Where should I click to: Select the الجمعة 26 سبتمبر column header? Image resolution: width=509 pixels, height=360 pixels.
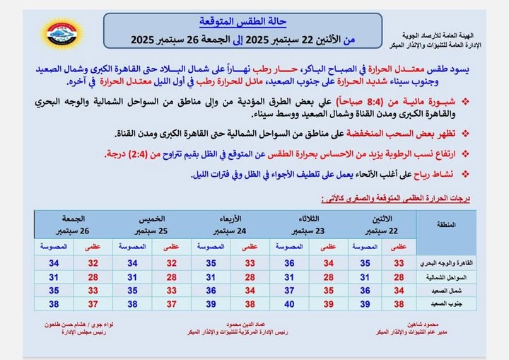(x=73, y=225)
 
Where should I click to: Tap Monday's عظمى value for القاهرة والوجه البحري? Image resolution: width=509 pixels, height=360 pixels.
(x=399, y=263)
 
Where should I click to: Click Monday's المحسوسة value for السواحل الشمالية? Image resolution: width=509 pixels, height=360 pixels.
(x=365, y=277)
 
